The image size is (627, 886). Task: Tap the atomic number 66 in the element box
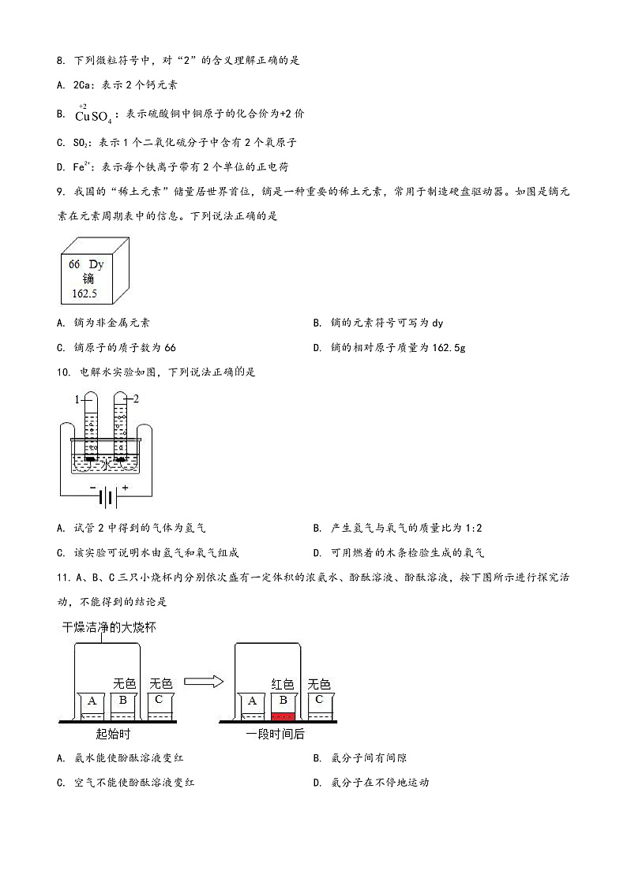pos(74,264)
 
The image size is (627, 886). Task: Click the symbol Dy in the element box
pos(96,264)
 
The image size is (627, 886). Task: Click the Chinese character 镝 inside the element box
pos(87,279)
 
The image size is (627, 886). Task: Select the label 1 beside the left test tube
pos(77,399)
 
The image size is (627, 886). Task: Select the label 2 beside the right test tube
pos(136,399)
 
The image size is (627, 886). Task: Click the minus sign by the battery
pos(92,488)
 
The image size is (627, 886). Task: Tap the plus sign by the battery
pos(124,488)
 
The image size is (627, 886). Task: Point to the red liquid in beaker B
pos(283,716)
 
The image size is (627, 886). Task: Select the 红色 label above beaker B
pos(282,684)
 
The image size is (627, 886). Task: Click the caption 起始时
pos(112,734)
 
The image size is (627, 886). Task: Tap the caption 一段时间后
pos(274,734)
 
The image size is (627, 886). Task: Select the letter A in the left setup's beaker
pos(92,701)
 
